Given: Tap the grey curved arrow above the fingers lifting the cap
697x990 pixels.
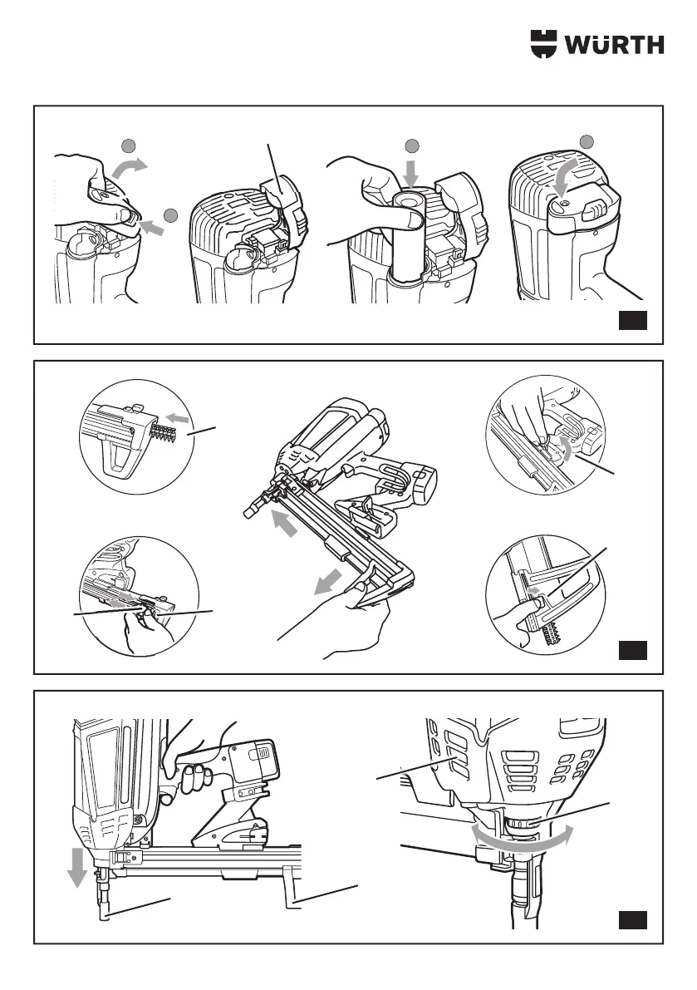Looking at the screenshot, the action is tap(130, 170).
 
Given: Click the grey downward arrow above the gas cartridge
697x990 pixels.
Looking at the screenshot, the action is tap(410, 175).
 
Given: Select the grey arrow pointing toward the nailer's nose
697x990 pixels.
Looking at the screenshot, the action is tap(282, 523).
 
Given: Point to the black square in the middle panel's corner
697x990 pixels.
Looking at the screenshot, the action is tap(633, 650).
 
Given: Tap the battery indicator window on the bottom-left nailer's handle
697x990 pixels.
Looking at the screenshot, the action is tap(259, 754).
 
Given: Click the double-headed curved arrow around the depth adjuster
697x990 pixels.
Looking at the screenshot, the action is tap(522, 840).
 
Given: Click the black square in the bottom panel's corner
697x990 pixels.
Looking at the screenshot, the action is tap(633, 920).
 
